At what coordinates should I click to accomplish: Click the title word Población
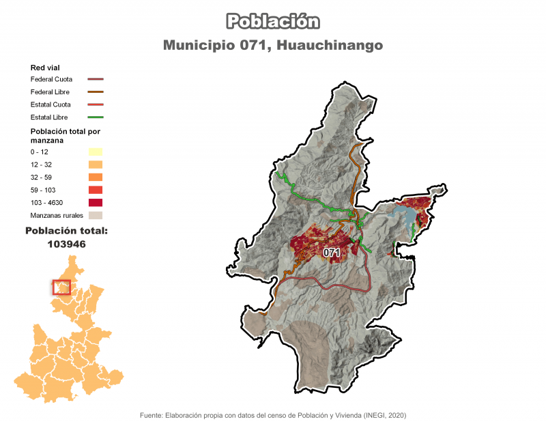pyautogui.click(x=273, y=21)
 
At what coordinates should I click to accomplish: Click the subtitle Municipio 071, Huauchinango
pyautogui.click(x=273, y=45)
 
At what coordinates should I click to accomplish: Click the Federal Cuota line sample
pyautogui.click(x=95, y=79)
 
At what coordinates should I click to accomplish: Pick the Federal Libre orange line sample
pyautogui.click(x=95, y=92)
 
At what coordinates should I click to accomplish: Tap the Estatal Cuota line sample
pyautogui.click(x=95, y=104)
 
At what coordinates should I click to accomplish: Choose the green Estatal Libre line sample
pyautogui.click(x=95, y=117)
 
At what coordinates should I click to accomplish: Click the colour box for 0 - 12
pyautogui.click(x=95, y=152)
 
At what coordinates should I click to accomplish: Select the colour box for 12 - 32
pyautogui.click(x=95, y=165)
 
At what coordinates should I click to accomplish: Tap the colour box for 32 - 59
pyautogui.click(x=95, y=177)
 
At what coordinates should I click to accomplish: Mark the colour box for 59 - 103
pyautogui.click(x=95, y=190)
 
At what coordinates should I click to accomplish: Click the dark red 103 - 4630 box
pyautogui.click(x=95, y=203)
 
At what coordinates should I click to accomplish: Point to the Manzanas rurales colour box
pyautogui.click(x=95, y=215)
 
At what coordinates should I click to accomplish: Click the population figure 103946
pyautogui.click(x=66, y=243)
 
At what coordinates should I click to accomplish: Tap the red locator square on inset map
pyautogui.click(x=61, y=287)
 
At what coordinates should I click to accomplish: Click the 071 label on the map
pyautogui.click(x=332, y=253)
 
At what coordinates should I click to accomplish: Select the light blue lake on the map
pyautogui.click(x=403, y=219)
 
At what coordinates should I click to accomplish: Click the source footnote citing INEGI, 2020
pyautogui.click(x=273, y=415)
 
